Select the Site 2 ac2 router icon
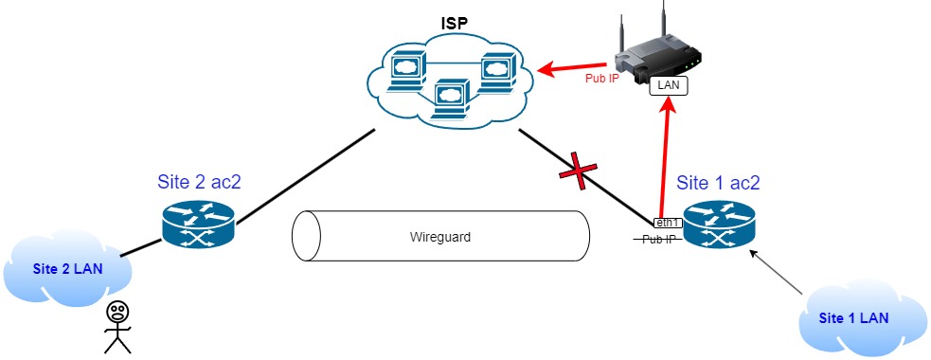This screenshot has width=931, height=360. (x=196, y=225)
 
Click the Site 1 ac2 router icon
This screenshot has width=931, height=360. (x=718, y=225)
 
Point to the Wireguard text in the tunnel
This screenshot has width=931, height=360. (x=440, y=237)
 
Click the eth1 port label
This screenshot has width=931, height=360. (x=668, y=222)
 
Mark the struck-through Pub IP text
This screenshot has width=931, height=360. (x=659, y=240)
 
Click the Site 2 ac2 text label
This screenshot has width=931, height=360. (x=199, y=182)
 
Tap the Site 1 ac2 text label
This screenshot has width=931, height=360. (x=718, y=182)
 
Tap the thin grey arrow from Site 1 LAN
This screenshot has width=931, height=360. (x=781, y=270)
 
